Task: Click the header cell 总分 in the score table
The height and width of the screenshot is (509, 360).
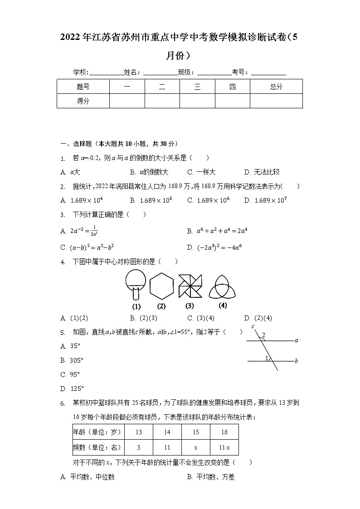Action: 276,87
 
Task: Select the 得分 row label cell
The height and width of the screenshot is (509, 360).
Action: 83,101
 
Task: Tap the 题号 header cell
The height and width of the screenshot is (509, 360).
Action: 83,87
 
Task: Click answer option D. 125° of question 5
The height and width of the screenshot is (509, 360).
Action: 73,388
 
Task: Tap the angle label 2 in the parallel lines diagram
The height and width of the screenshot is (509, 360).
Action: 263,335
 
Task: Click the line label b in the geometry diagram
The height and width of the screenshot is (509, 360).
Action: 296,361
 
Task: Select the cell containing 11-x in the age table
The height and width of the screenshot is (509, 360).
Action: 224,447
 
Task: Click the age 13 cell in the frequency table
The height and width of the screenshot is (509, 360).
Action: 138,432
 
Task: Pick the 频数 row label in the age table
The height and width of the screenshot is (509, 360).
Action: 97,447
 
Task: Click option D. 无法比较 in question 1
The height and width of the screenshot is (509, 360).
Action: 262,172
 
